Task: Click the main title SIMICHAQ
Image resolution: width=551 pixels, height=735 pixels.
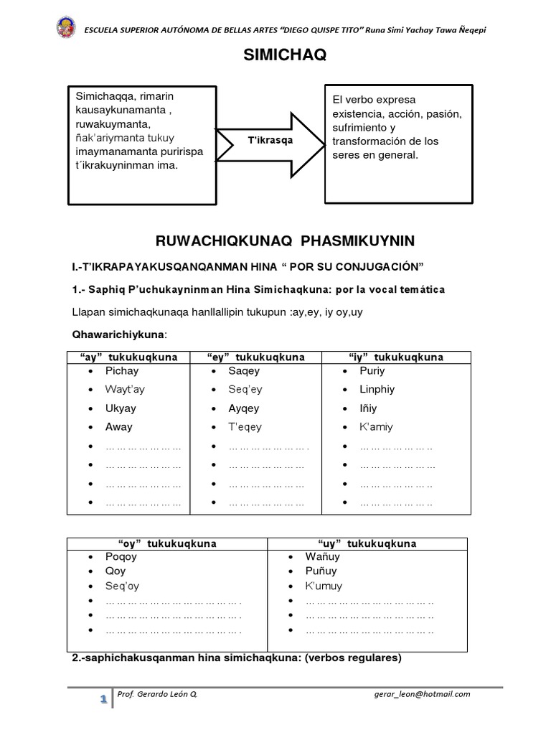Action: pos(275,57)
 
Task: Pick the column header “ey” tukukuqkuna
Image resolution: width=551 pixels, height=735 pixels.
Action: pos(255,357)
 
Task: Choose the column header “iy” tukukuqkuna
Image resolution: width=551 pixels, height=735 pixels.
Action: pos(395,357)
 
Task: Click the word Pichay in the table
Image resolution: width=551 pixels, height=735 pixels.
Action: pos(122,371)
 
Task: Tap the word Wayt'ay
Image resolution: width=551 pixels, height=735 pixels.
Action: pos(125,390)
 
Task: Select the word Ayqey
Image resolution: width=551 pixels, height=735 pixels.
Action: pos(244,408)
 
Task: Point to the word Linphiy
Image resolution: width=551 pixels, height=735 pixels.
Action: pos(377,390)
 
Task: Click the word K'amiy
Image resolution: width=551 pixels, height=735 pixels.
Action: pos(376,427)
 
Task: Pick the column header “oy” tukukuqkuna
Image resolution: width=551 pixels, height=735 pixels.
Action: pos(166,543)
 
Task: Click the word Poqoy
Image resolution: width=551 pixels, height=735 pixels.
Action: pos(121,557)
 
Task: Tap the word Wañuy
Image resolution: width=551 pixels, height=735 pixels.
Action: pos(323,557)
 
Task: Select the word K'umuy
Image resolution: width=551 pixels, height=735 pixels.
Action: pos(323,586)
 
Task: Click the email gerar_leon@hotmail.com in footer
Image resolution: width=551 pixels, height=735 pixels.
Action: pos(422,694)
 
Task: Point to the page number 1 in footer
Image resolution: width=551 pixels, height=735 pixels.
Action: pos(104,698)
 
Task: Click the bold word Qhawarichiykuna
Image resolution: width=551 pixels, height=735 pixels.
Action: pos(118,334)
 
